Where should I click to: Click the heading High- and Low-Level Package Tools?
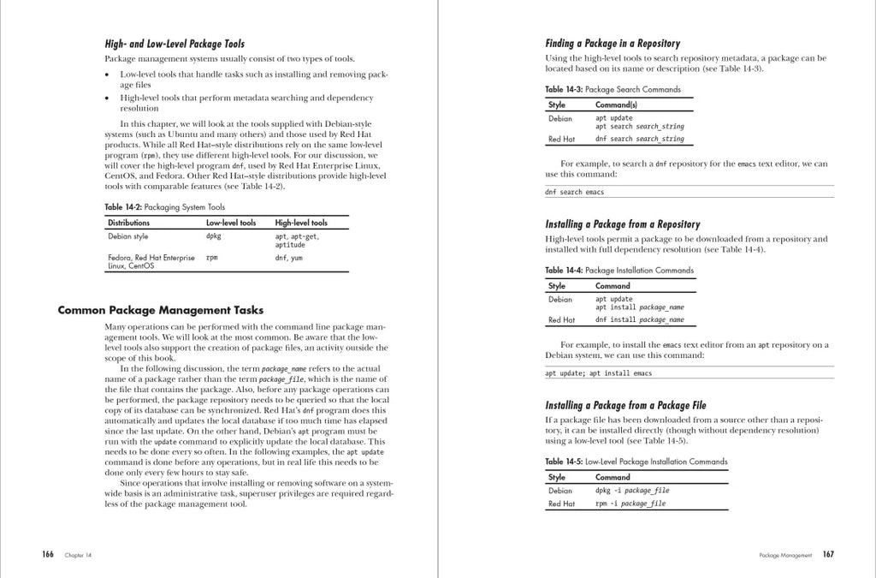pos(175,45)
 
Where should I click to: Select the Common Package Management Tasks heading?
pos(161,310)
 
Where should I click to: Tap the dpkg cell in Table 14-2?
pos(214,236)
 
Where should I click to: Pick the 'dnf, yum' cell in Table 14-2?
pos(288,258)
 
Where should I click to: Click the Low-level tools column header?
pos(231,223)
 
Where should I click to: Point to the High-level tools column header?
pos(301,223)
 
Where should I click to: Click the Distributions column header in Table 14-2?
pos(128,223)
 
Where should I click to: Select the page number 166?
pos(48,555)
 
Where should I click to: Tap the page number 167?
pos(828,555)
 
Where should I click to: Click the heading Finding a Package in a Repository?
pos(613,44)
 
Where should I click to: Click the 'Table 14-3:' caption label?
pos(564,89)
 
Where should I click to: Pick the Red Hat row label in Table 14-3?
pos(561,139)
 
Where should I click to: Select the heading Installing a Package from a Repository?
pos(623,224)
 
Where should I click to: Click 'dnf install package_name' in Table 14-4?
pos(640,320)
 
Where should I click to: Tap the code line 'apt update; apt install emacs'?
pos(599,373)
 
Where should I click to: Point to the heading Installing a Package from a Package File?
pos(626,405)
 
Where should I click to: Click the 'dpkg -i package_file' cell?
pos(632,491)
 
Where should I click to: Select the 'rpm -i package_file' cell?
pos(630,504)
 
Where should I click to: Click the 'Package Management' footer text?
pos(785,556)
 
